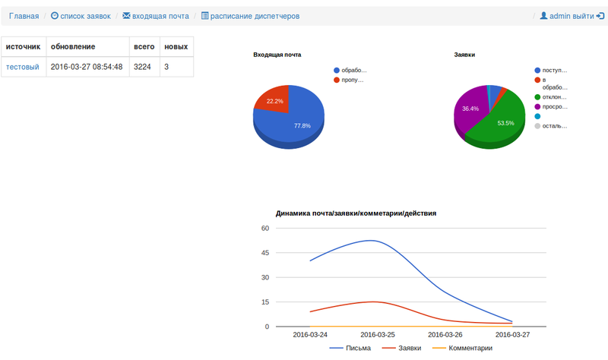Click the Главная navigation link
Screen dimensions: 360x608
pos(24,15)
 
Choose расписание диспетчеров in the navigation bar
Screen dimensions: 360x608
pos(251,15)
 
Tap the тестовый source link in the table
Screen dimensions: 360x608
pos(22,67)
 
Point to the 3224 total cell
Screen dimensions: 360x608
pos(142,67)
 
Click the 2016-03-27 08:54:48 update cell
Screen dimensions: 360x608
pos(87,67)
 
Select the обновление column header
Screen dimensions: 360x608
pos(73,46)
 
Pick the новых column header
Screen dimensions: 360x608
pos(176,46)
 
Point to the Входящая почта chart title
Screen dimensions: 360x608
pos(277,55)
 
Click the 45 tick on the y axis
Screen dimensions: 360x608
pos(264,253)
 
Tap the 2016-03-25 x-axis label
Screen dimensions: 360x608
pos(377,334)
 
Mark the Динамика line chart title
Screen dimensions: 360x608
pos(356,213)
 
